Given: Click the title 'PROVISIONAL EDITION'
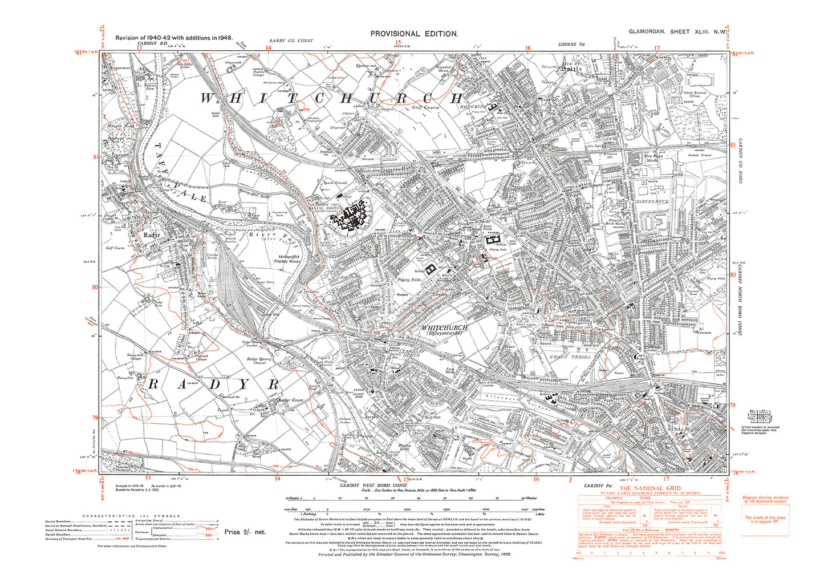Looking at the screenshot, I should tap(413, 34).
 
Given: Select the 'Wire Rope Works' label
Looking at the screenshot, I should tap(651, 157).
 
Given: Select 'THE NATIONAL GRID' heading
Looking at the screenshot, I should tap(650, 488).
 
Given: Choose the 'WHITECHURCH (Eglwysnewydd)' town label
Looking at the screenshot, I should tap(444, 330).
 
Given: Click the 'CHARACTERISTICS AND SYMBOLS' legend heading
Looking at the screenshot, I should tap(127, 515).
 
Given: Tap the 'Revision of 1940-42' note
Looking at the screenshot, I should tap(173, 38).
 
